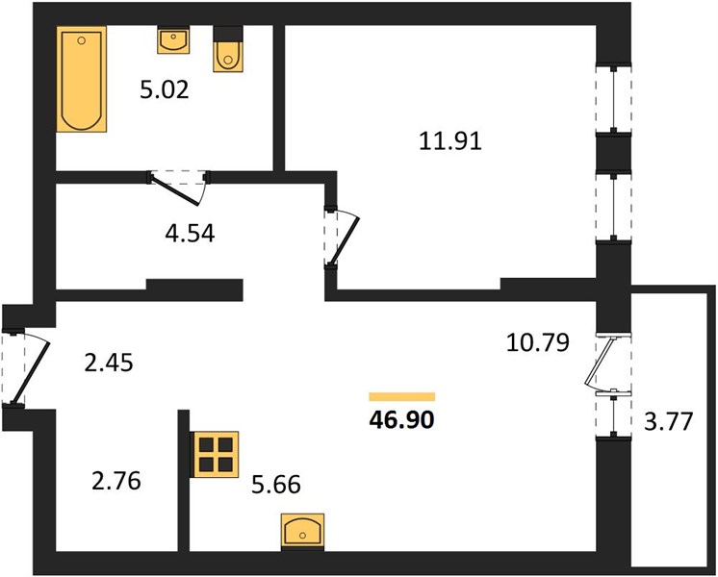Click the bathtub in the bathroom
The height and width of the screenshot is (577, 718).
(x=82, y=79)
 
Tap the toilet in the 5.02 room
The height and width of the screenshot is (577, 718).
(x=227, y=49)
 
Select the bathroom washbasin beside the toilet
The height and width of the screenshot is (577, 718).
(x=173, y=39)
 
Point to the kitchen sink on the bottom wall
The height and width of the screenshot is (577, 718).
(x=302, y=531)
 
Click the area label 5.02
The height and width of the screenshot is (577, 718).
(x=165, y=90)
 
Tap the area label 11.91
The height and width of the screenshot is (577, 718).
(x=450, y=141)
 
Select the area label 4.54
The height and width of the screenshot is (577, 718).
(x=190, y=233)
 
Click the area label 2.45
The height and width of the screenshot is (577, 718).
(x=109, y=363)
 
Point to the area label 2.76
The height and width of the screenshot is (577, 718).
(x=115, y=481)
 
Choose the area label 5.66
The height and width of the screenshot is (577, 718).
(x=276, y=484)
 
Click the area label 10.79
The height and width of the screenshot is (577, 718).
(x=538, y=342)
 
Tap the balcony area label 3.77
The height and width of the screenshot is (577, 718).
(x=668, y=421)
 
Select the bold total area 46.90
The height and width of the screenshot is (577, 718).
(x=401, y=419)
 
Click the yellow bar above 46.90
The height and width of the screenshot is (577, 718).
(x=402, y=397)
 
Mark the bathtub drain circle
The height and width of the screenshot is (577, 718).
(x=82, y=40)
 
